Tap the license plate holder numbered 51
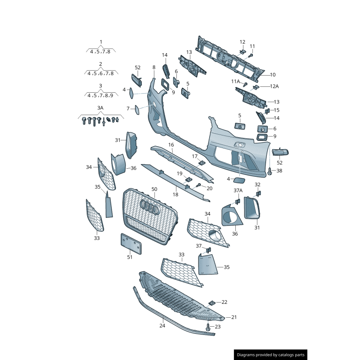(x=131, y=243)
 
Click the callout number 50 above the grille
(x=154, y=189)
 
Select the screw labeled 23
(x=208, y=327)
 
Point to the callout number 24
(x=162, y=325)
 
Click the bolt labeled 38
(x=270, y=171)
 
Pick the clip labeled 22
(x=212, y=303)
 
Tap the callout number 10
(x=273, y=75)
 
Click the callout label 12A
(x=274, y=86)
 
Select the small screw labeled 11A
(x=245, y=84)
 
